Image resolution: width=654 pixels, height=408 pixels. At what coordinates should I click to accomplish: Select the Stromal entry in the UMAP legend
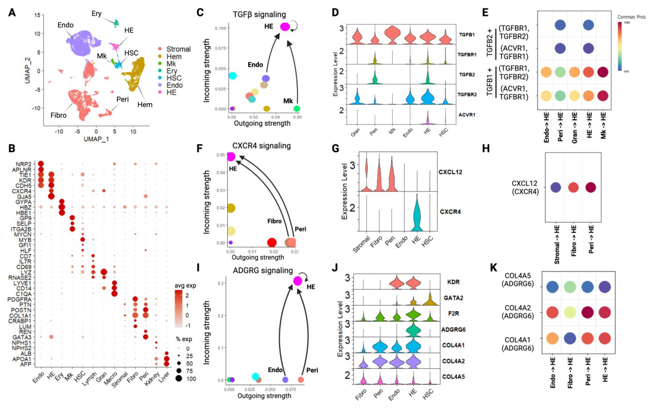click(178, 49)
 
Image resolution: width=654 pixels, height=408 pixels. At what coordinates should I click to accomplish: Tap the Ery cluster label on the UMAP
click(96, 13)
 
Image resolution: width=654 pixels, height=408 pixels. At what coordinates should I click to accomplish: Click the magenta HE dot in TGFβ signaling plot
click(285, 27)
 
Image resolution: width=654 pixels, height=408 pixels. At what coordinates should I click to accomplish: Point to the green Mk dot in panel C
click(297, 109)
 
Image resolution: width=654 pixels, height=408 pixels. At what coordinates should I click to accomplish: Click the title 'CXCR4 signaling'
click(261, 146)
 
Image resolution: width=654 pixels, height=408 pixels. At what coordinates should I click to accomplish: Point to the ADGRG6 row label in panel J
click(453, 329)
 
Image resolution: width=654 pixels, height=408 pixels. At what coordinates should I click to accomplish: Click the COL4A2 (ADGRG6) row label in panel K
click(518, 312)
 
